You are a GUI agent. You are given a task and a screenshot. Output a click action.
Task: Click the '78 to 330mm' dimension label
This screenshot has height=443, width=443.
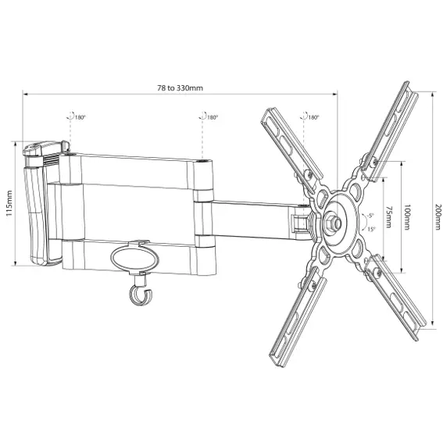180,88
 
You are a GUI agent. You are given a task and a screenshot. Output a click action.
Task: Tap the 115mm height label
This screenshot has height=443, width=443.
9,203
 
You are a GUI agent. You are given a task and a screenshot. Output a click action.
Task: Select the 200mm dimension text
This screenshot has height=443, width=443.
437,216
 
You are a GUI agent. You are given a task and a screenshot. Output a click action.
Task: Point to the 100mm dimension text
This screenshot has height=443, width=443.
407,217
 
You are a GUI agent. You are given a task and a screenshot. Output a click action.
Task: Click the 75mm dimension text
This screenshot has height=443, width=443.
388,217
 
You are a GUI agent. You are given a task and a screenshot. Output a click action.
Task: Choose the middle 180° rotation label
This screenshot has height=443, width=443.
213,117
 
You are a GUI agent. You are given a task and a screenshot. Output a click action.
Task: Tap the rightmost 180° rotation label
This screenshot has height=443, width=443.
313,117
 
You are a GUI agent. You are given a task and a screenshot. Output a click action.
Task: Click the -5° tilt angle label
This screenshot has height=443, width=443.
370,216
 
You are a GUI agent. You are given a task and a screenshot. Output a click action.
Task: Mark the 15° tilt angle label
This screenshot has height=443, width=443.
372,229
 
